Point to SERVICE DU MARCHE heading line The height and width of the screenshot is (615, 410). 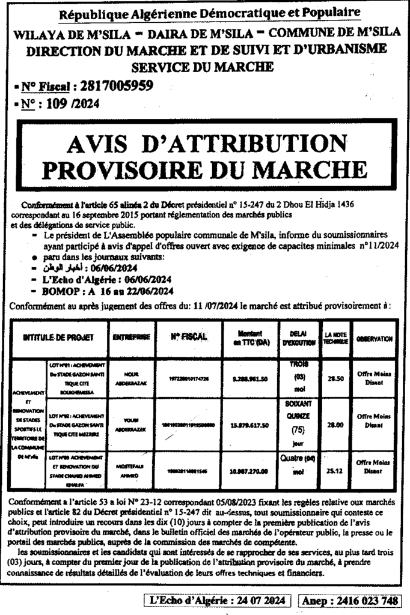click(205, 65)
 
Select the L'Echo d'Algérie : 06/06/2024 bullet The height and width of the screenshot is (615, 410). click(99, 280)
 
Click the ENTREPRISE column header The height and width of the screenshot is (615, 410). click(132, 338)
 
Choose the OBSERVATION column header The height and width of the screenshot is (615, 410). click(374, 339)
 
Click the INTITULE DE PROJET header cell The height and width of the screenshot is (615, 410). click(58, 338)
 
